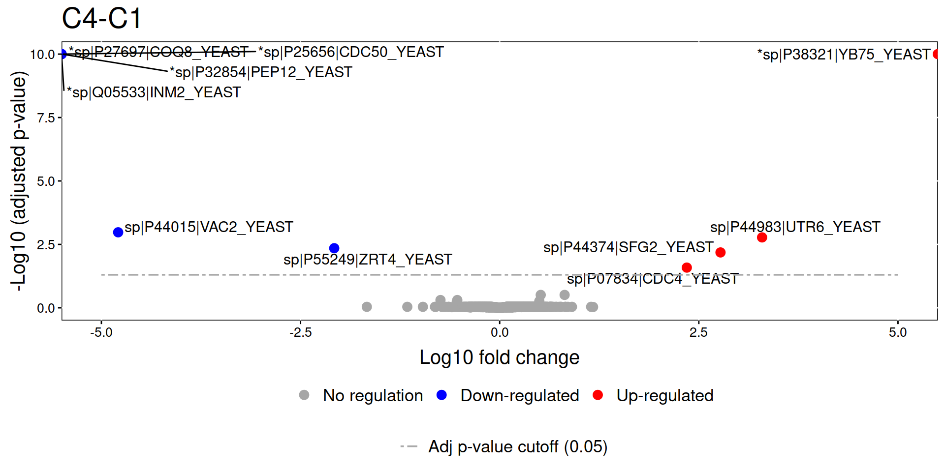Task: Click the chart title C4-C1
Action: (102, 19)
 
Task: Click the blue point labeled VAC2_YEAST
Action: (118, 232)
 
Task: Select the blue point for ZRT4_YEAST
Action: (334, 248)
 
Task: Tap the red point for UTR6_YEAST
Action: (762, 237)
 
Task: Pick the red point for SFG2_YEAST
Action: (721, 253)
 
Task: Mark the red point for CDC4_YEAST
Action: (687, 267)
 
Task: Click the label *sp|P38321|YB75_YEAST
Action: (843, 55)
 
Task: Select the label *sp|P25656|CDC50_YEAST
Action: (351, 52)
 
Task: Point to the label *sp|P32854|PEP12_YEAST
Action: (261, 72)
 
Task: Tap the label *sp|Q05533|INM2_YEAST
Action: (154, 92)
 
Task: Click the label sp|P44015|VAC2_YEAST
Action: (209, 227)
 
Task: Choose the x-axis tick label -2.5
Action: (300, 333)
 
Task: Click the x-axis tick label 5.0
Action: (898, 333)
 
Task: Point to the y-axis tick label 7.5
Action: (46, 118)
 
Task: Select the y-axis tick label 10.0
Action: (42, 55)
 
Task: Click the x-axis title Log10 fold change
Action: (499, 357)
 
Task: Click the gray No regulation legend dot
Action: (304, 395)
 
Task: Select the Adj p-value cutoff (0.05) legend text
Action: (518, 446)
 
